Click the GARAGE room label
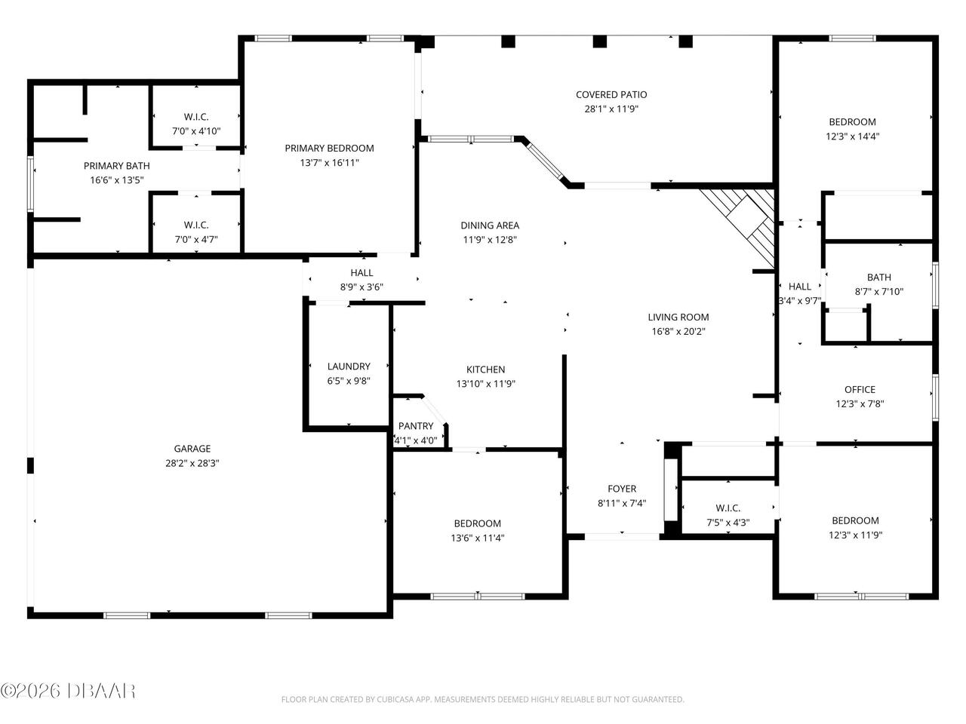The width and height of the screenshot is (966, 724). [192, 449]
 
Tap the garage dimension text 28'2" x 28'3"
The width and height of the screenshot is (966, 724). [192, 463]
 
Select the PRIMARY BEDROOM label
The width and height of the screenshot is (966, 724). [329, 148]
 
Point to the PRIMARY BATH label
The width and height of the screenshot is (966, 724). [116, 166]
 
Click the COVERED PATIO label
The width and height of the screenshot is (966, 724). [611, 94]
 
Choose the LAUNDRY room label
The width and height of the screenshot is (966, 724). [349, 367]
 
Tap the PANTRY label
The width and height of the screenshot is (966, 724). [416, 426]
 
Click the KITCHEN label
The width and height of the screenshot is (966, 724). [485, 370]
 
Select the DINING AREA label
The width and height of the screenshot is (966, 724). [490, 225]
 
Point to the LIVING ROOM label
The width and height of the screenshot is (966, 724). [678, 318]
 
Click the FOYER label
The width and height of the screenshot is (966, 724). [622, 489]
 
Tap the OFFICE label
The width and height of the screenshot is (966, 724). [860, 389]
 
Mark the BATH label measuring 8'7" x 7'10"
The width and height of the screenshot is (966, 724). [879, 278]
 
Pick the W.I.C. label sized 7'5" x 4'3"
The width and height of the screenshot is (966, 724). [728, 508]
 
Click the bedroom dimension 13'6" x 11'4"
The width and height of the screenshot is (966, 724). [477, 538]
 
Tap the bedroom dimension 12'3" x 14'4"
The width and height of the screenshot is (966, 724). [853, 137]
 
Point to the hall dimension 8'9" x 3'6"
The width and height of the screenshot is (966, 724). [361, 287]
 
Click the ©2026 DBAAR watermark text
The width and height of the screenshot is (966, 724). [68, 689]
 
